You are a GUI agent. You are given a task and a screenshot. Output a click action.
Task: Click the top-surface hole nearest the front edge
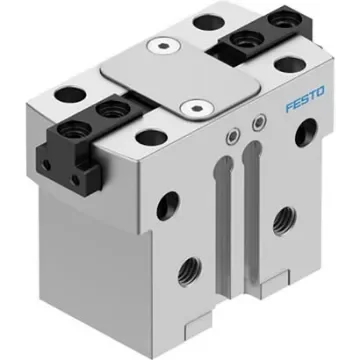(x=148, y=137)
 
